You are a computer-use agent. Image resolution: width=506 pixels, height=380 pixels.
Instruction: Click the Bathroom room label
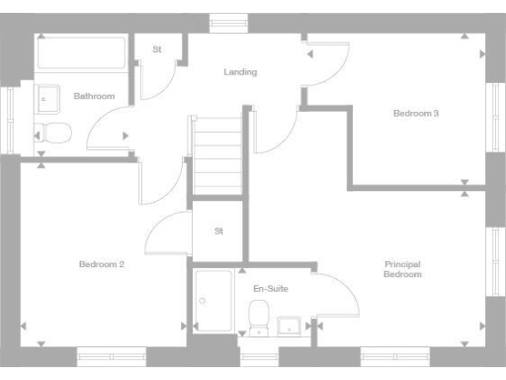pyautogui.click(x=94, y=96)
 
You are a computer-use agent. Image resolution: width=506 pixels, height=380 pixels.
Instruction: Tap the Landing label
pyautogui.click(x=240, y=72)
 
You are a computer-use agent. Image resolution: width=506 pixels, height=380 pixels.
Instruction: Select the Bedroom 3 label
pyautogui.click(x=416, y=114)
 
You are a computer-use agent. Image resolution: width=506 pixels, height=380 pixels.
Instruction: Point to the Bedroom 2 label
pyautogui.click(x=102, y=264)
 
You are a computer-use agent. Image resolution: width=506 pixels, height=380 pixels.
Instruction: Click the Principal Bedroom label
pyautogui.click(x=402, y=269)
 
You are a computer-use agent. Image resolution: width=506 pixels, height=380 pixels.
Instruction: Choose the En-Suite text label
pyautogui.click(x=270, y=288)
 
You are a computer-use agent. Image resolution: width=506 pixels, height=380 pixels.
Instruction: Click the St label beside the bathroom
pyautogui.click(x=157, y=48)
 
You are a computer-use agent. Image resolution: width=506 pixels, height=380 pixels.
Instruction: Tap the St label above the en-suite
pyautogui.click(x=218, y=232)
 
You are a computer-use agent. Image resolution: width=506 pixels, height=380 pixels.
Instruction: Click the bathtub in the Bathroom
pyautogui.click(x=81, y=52)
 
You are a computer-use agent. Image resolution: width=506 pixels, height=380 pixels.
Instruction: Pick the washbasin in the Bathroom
pyautogui.click(x=46, y=97)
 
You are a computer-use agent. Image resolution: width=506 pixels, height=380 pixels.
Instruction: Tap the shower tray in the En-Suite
pyautogui.click(x=213, y=301)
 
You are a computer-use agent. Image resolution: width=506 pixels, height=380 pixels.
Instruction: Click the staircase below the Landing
pyautogui.click(x=217, y=155)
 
